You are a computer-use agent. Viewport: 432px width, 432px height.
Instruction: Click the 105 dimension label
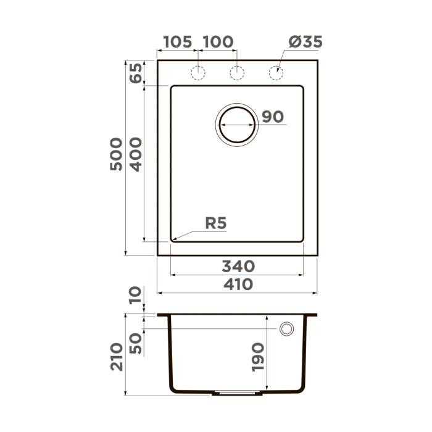click(178, 42)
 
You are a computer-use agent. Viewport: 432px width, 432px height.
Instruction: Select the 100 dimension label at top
click(218, 42)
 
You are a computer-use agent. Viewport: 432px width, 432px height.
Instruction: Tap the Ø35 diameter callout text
click(305, 42)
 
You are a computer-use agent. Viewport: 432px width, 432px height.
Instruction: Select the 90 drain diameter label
click(272, 117)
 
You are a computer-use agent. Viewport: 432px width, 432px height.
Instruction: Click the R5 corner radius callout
click(216, 224)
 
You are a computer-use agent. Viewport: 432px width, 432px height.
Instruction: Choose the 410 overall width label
click(238, 285)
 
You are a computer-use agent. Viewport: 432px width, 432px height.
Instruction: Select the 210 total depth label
click(117, 357)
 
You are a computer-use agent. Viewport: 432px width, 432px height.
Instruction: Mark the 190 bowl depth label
click(257, 356)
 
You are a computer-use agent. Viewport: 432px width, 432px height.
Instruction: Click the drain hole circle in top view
click(236, 125)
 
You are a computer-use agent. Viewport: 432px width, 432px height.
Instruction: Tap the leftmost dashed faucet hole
click(197, 73)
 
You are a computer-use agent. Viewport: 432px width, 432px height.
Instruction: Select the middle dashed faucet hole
click(236, 73)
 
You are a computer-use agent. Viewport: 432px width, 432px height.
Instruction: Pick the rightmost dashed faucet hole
click(276, 73)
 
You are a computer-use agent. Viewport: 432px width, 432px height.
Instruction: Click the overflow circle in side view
click(286, 330)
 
